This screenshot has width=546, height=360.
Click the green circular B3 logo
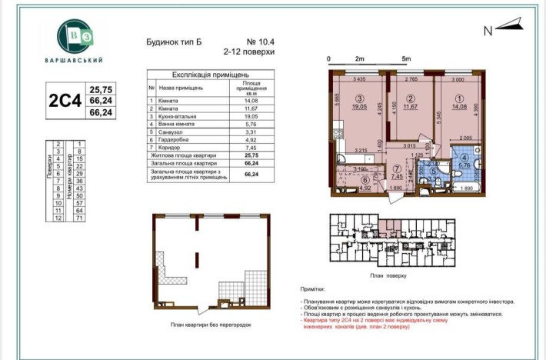[80, 35]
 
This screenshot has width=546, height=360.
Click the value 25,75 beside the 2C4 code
[102, 89]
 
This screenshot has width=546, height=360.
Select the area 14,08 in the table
[251, 101]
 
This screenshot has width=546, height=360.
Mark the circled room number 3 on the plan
[359, 98]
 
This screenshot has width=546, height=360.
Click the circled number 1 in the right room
[460, 98]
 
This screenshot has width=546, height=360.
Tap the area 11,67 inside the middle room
[411, 107]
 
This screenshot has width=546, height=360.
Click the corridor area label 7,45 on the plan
[397, 175]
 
